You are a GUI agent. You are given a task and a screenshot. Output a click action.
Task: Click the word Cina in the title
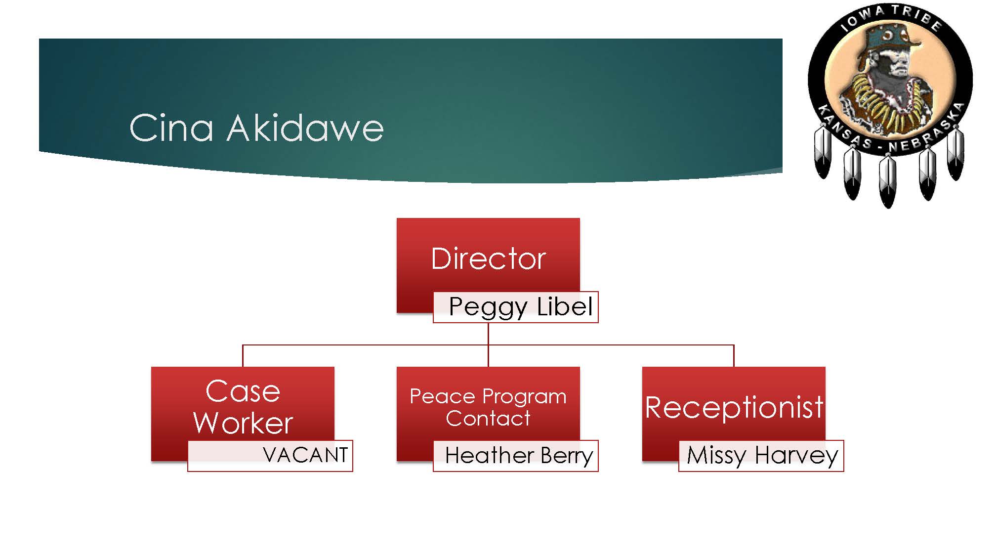(x=171, y=128)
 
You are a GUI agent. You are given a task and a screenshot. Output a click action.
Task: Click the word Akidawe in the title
(x=305, y=128)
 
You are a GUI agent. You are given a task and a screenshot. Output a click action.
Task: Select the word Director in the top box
(x=488, y=258)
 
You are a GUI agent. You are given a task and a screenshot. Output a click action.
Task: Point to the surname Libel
(x=565, y=306)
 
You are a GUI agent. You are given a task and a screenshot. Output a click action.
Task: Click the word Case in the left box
(x=243, y=391)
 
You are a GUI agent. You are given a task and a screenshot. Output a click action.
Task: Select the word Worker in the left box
(x=243, y=423)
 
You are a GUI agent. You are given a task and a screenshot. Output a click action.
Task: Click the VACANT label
(x=305, y=455)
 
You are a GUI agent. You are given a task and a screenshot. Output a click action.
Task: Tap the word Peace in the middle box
(x=442, y=396)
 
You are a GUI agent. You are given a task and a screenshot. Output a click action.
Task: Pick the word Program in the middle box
(x=524, y=397)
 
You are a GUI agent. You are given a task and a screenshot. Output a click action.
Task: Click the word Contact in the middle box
(x=488, y=419)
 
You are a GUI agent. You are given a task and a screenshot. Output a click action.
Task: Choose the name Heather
(x=489, y=455)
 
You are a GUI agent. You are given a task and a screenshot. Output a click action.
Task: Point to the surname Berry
(x=567, y=456)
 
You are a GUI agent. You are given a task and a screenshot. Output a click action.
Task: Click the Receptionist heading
(x=734, y=408)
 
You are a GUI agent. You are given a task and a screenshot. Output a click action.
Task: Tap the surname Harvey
(x=796, y=456)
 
